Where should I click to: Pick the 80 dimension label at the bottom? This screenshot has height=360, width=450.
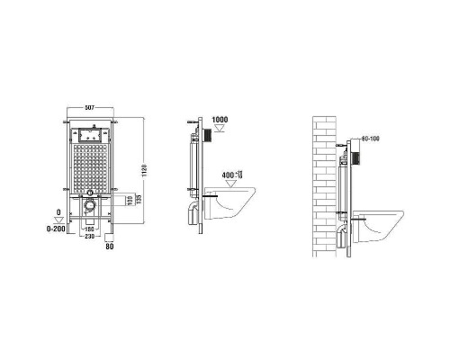click(x=110, y=245)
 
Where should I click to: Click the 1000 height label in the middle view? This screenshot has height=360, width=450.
click(x=220, y=120)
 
